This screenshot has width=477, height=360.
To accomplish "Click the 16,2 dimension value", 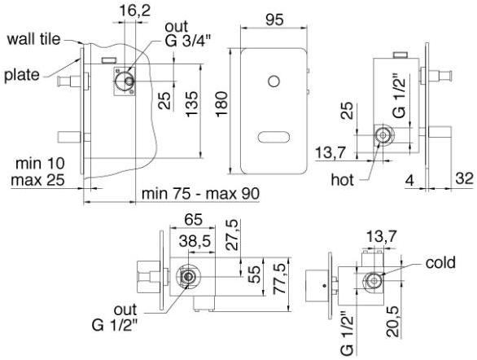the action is click(x=135, y=11).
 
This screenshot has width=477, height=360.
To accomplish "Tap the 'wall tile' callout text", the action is click(x=33, y=39).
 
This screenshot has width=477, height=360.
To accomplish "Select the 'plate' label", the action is click(x=22, y=75).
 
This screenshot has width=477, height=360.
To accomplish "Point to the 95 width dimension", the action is click(x=274, y=20).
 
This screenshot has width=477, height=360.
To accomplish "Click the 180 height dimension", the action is click(x=221, y=103).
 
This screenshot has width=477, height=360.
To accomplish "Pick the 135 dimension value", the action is click(x=191, y=103).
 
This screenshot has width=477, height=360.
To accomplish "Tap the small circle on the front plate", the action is click(x=274, y=81).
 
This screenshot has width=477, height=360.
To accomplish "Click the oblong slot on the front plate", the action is click(x=274, y=137).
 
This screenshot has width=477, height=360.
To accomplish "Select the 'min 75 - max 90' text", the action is click(x=200, y=194).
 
